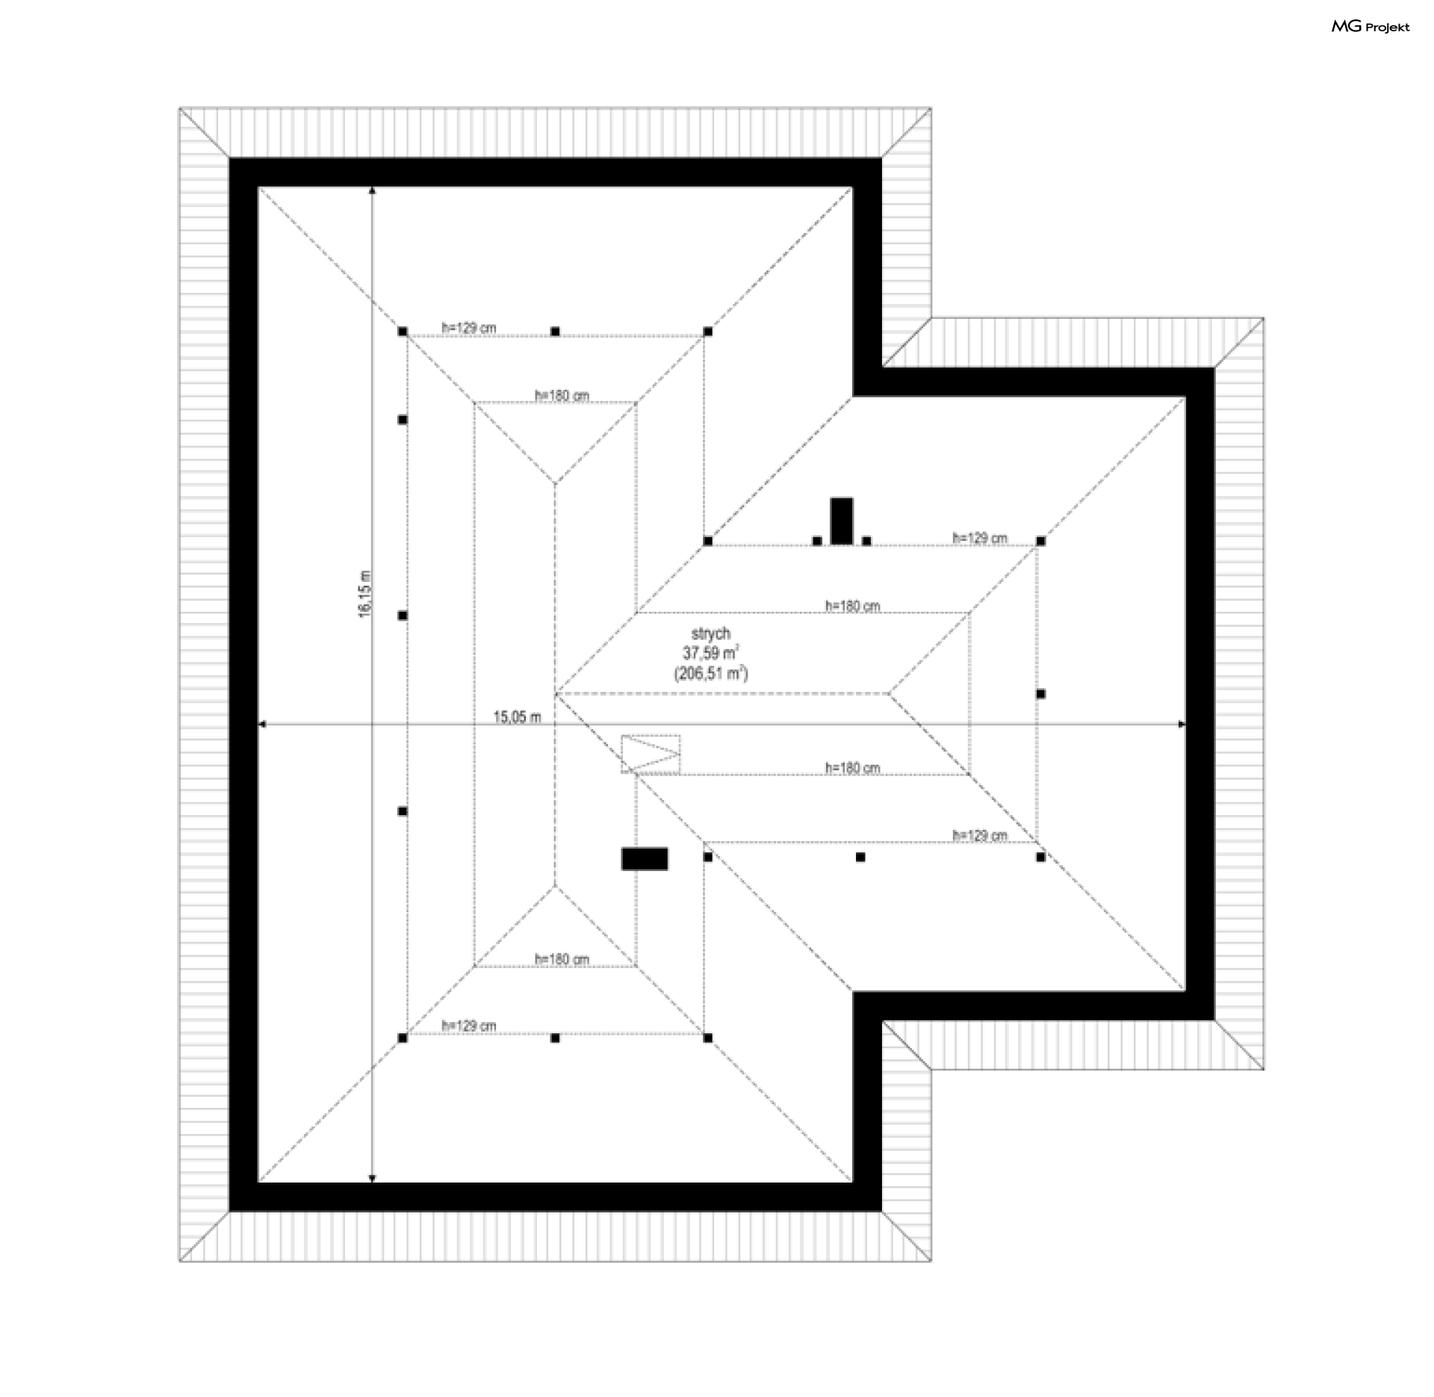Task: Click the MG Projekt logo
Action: point(1371,27)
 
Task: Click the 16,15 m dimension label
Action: point(364,595)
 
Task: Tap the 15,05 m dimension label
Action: point(518,717)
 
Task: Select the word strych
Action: point(711,634)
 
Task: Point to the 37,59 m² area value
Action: point(711,653)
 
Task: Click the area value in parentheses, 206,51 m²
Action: point(711,673)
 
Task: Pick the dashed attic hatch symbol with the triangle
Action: point(651,754)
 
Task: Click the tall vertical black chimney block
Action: point(842,521)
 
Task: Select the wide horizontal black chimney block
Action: point(645,858)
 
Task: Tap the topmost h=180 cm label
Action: point(562,395)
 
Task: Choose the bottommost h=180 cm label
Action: point(562,958)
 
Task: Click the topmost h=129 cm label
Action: point(469,327)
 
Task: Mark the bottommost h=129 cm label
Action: point(469,1026)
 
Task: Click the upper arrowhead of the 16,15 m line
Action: point(373,190)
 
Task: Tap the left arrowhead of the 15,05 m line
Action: point(262,724)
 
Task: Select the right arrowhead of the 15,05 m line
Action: point(1181,724)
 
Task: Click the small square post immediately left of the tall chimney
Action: point(817,541)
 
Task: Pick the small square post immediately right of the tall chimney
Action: point(866,541)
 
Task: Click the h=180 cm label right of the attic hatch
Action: point(852,767)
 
